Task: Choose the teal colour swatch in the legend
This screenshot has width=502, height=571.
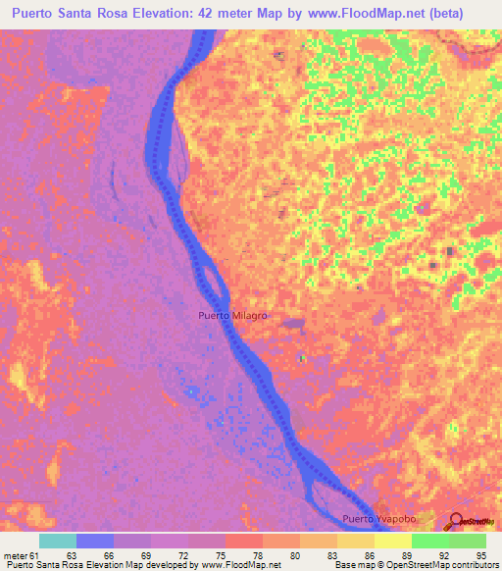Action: [58, 541]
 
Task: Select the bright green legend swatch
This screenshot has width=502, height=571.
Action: [429, 541]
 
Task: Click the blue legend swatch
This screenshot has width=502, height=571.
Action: [95, 541]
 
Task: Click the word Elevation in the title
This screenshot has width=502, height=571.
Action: [173, 13]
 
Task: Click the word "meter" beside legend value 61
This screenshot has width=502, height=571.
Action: [17, 556]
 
